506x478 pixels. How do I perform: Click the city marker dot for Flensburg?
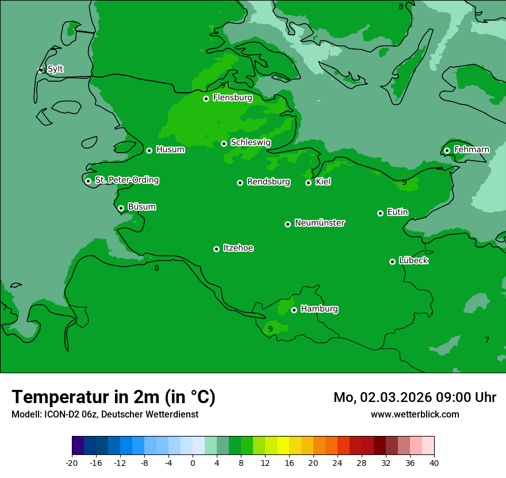(x=206, y=98)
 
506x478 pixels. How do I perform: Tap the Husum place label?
(x=170, y=150)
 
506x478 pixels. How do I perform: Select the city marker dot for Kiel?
(x=308, y=183)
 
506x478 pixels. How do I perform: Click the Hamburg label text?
(x=319, y=309)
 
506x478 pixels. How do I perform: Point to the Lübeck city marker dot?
(x=392, y=261)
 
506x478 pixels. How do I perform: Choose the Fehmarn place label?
(x=471, y=150)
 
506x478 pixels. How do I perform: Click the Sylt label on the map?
(x=55, y=69)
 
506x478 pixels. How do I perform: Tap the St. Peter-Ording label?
(x=126, y=180)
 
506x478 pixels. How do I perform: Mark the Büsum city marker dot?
(x=121, y=208)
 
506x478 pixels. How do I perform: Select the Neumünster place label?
(x=320, y=223)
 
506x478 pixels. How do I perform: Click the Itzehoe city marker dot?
(x=216, y=249)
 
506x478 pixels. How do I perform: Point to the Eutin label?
(x=397, y=212)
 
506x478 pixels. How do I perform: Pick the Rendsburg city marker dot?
(x=240, y=183)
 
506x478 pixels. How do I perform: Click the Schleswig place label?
(x=250, y=142)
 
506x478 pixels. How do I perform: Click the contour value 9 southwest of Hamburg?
(x=270, y=329)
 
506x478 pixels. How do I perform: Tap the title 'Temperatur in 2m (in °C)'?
(x=113, y=397)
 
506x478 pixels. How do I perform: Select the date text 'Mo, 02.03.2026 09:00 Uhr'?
(x=415, y=397)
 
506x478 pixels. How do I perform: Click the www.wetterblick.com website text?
(x=415, y=414)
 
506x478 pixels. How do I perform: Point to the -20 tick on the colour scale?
(x=72, y=463)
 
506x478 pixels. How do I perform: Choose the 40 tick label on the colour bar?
(x=434, y=463)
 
